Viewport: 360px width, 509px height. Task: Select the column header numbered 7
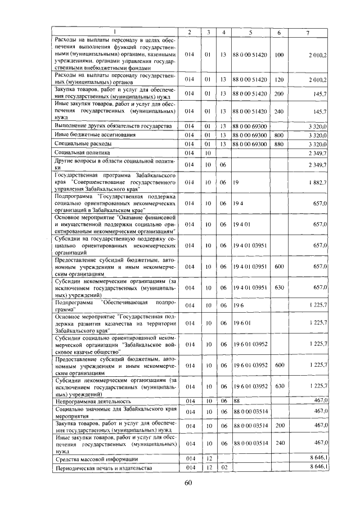[x=308, y=32]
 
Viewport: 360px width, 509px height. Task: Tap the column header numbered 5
[x=250, y=32]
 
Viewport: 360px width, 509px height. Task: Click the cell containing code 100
[x=278, y=56]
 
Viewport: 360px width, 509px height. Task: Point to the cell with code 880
[x=278, y=144]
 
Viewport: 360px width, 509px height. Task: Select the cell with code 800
[x=278, y=135]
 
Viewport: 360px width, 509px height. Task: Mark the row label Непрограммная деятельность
[x=92, y=401]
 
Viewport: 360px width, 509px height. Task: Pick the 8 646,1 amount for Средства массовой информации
[x=318, y=459]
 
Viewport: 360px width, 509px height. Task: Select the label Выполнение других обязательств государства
[x=112, y=126]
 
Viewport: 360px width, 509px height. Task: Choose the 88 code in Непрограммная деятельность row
[x=237, y=401]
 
